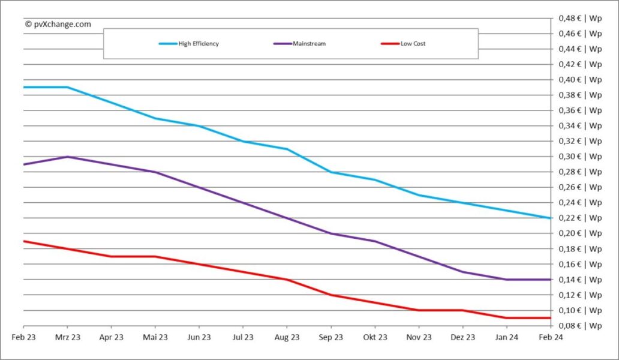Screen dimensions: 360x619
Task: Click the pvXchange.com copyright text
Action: [58, 24]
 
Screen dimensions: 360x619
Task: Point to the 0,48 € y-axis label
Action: [580, 18]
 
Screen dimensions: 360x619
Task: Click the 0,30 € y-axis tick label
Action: [580, 157]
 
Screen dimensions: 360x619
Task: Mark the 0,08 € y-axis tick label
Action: [580, 326]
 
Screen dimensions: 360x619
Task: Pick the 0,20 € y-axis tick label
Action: [580, 233]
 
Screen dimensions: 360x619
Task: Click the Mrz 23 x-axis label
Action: [67, 337]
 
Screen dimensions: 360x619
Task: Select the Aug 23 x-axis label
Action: [287, 337]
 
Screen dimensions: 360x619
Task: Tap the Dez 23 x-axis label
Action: [462, 337]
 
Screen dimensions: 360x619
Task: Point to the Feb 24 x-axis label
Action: [550, 337]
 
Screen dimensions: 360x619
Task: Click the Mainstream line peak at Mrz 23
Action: [67, 157]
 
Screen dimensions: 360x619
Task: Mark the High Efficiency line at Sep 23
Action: [331, 172]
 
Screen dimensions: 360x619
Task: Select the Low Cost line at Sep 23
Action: [331, 295]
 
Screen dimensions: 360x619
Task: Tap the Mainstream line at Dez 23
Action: [462, 272]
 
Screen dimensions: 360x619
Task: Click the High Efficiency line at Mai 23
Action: [155, 118]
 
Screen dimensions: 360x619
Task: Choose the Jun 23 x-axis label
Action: [199, 337]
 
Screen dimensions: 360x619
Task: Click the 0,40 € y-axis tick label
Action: [580, 80]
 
